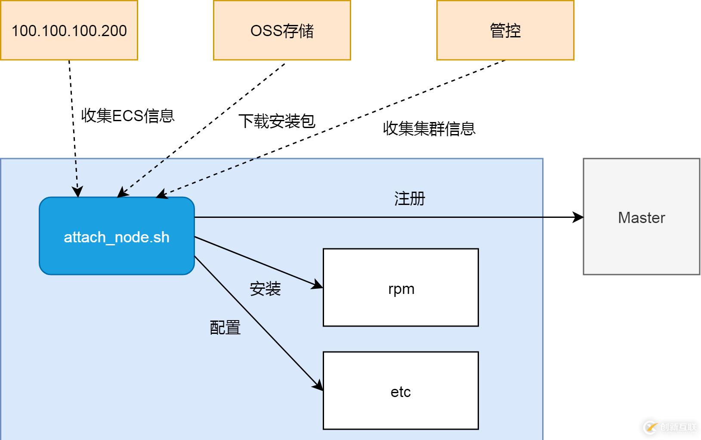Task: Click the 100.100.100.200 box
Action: tap(69, 30)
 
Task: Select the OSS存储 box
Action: tap(282, 30)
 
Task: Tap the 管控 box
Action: tap(505, 30)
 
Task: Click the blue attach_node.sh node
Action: tap(117, 236)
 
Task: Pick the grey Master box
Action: tap(641, 217)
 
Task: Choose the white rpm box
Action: tap(401, 287)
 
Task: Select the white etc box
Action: tap(401, 391)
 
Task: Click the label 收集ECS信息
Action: tap(128, 116)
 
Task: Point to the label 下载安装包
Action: tap(277, 121)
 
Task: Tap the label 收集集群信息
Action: tap(429, 128)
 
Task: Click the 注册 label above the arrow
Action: tap(409, 199)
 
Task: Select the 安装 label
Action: tap(265, 289)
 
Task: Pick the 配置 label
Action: tap(225, 327)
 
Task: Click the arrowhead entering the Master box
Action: tap(578, 217)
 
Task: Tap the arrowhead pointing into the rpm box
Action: tap(318, 285)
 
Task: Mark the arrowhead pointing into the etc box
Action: tap(318, 385)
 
